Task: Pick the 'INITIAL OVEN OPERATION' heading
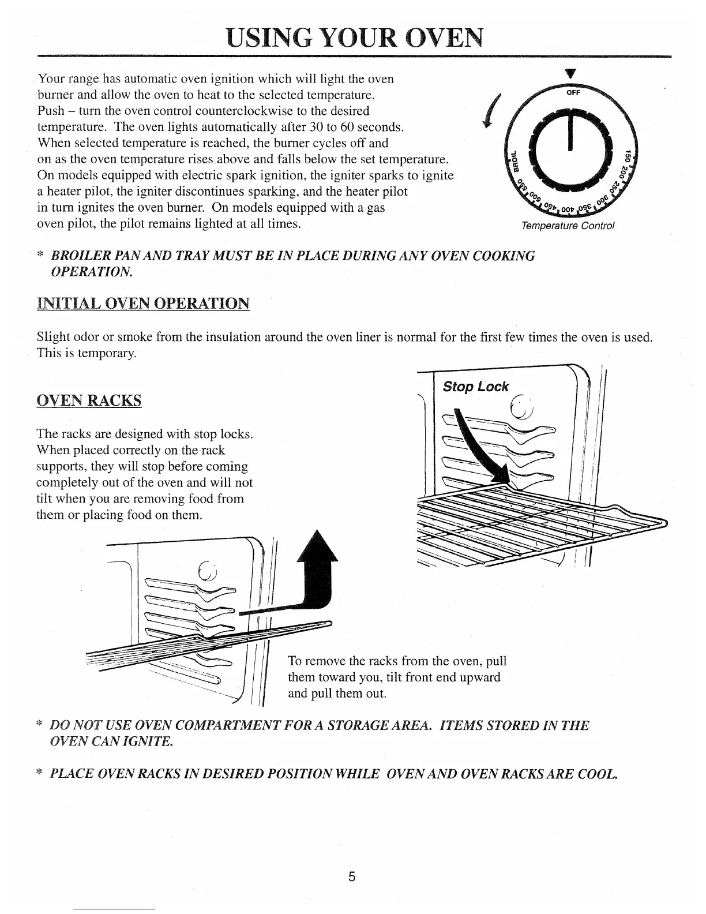tap(143, 303)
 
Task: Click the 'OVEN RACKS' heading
tap(89, 401)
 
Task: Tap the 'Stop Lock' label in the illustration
tap(476, 387)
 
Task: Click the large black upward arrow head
tap(317, 548)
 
